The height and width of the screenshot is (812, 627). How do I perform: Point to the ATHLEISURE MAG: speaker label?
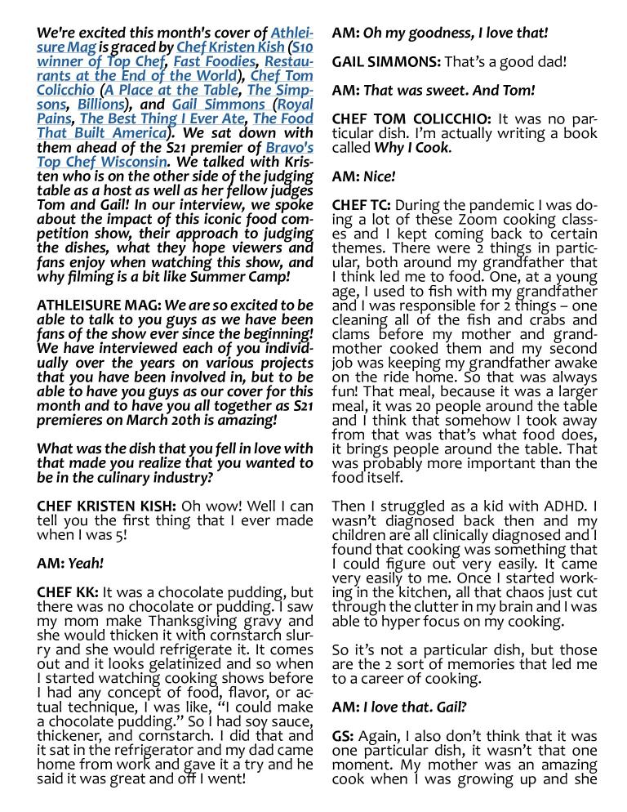coord(99,305)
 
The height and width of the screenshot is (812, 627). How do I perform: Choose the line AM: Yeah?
coord(70,563)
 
